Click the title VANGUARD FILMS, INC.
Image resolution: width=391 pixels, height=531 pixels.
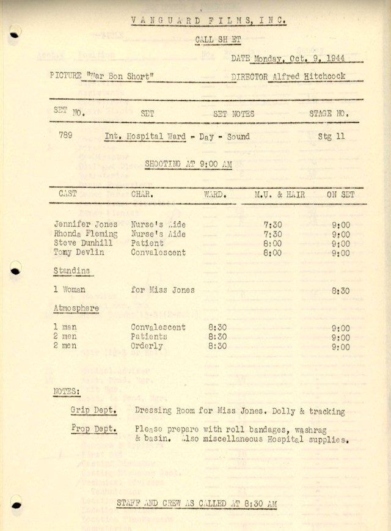tap(208, 21)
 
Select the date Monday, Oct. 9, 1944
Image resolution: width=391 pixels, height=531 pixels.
tap(299, 59)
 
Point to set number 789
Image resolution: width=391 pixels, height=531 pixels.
tap(65, 136)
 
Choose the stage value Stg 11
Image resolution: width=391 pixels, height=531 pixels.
tap(331, 136)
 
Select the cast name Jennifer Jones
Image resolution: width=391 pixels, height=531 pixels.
tap(86, 224)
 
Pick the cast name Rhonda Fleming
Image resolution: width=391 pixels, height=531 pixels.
tap(86, 233)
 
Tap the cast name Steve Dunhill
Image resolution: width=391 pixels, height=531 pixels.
tap(83, 243)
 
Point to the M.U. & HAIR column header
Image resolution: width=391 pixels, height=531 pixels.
tap(280, 194)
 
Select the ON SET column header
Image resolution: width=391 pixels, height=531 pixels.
tap(340, 194)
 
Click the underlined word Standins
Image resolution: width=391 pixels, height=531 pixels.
tap(72, 270)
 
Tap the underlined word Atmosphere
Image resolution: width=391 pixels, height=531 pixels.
tap(76, 309)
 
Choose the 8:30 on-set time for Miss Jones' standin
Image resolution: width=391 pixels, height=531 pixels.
tap(341, 291)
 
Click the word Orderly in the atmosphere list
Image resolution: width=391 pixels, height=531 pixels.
tap(147, 346)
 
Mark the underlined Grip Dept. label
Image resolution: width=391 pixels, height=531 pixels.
tap(93, 411)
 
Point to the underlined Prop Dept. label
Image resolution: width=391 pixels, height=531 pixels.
tap(93, 429)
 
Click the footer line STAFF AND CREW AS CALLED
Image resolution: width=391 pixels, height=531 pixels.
tap(196, 504)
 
